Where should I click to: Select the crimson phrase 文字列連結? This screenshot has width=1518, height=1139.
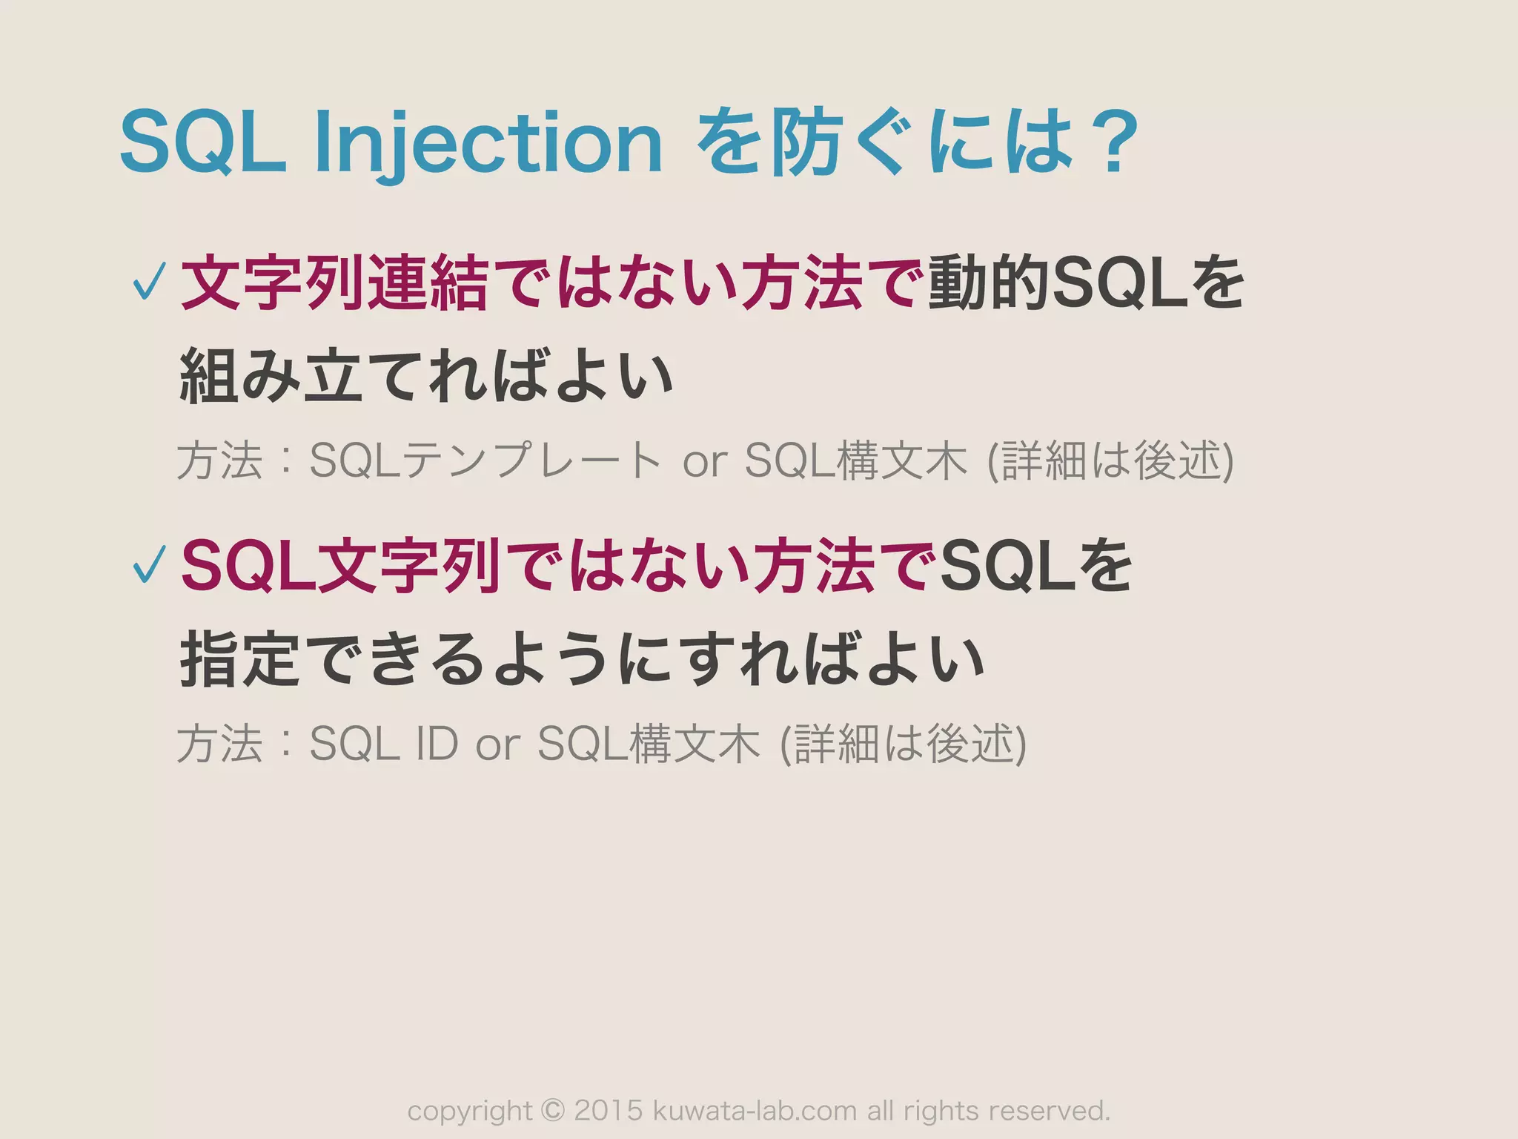(334, 283)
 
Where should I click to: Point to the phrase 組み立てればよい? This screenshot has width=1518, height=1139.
(426, 377)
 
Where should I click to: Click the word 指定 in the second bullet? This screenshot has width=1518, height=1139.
(240, 659)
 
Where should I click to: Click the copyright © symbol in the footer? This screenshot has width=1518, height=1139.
(553, 1111)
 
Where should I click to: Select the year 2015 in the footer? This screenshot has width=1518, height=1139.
(608, 1111)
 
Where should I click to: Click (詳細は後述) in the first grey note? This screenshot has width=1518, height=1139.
(1110, 460)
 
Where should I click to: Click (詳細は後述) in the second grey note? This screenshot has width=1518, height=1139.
(904, 743)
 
